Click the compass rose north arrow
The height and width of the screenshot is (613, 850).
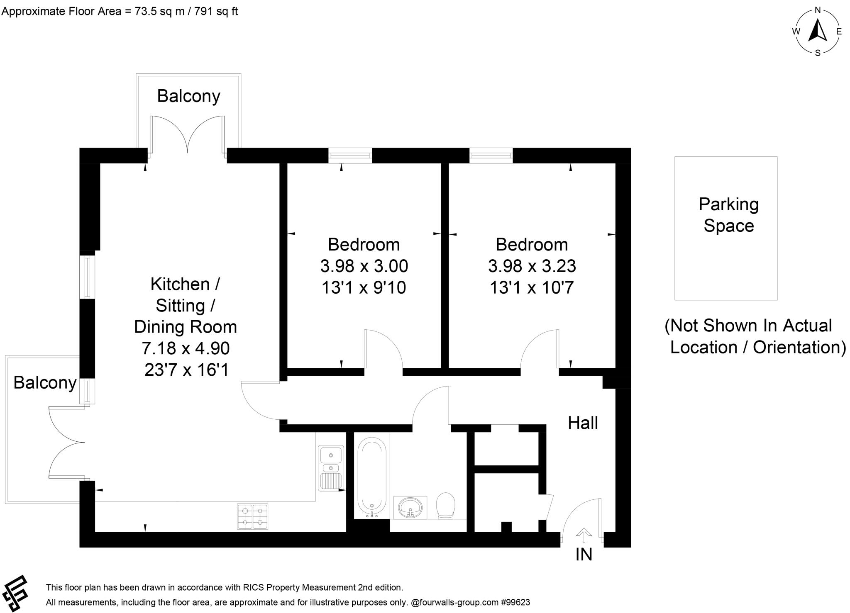817,31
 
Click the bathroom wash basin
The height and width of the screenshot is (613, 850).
410,507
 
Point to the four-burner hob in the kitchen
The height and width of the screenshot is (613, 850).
252,516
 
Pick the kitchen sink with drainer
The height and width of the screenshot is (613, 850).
331,467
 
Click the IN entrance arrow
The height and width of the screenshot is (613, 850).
584,535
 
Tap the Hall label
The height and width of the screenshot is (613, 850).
583,423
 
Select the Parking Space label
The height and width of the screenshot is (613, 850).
728,215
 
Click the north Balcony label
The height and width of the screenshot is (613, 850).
188,96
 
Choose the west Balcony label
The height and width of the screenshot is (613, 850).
45,382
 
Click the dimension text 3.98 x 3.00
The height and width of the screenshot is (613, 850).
364,266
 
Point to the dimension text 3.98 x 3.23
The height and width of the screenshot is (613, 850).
532,266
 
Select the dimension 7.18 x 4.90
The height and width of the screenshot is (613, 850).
186,348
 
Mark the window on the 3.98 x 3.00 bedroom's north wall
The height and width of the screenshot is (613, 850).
350,155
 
